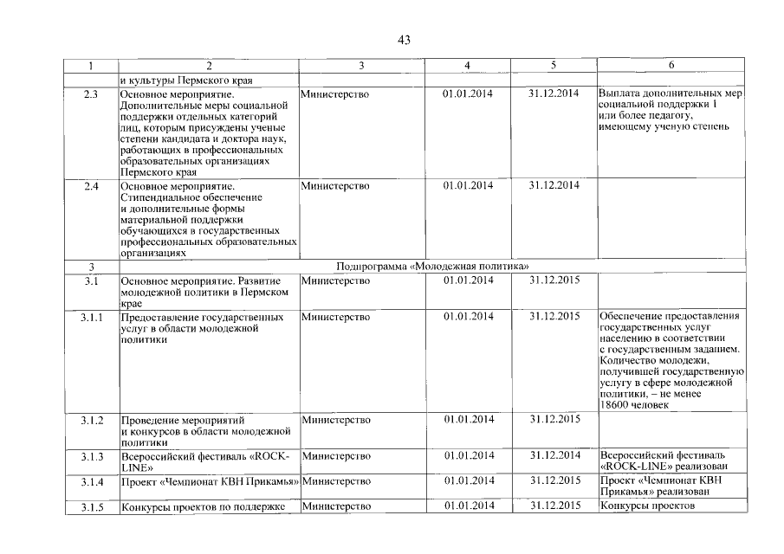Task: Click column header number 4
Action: coord(467,66)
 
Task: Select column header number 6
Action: coord(671,66)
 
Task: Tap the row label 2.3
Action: coord(90,93)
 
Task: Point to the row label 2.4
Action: coord(90,186)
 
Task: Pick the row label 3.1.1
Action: coord(92,317)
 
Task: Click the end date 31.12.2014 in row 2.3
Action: coord(554,93)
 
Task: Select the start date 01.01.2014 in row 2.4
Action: coord(467,186)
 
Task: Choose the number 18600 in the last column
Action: coord(614,405)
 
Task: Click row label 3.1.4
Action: coord(92,481)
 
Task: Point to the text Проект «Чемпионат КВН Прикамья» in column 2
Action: coord(209,481)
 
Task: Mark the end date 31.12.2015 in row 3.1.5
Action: coord(554,506)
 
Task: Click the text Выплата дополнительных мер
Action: coord(671,93)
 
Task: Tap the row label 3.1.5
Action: coord(92,507)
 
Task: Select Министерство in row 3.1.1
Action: coord(334,317)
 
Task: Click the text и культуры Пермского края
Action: coord(180,80)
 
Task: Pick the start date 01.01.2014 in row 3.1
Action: coord(467,280)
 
